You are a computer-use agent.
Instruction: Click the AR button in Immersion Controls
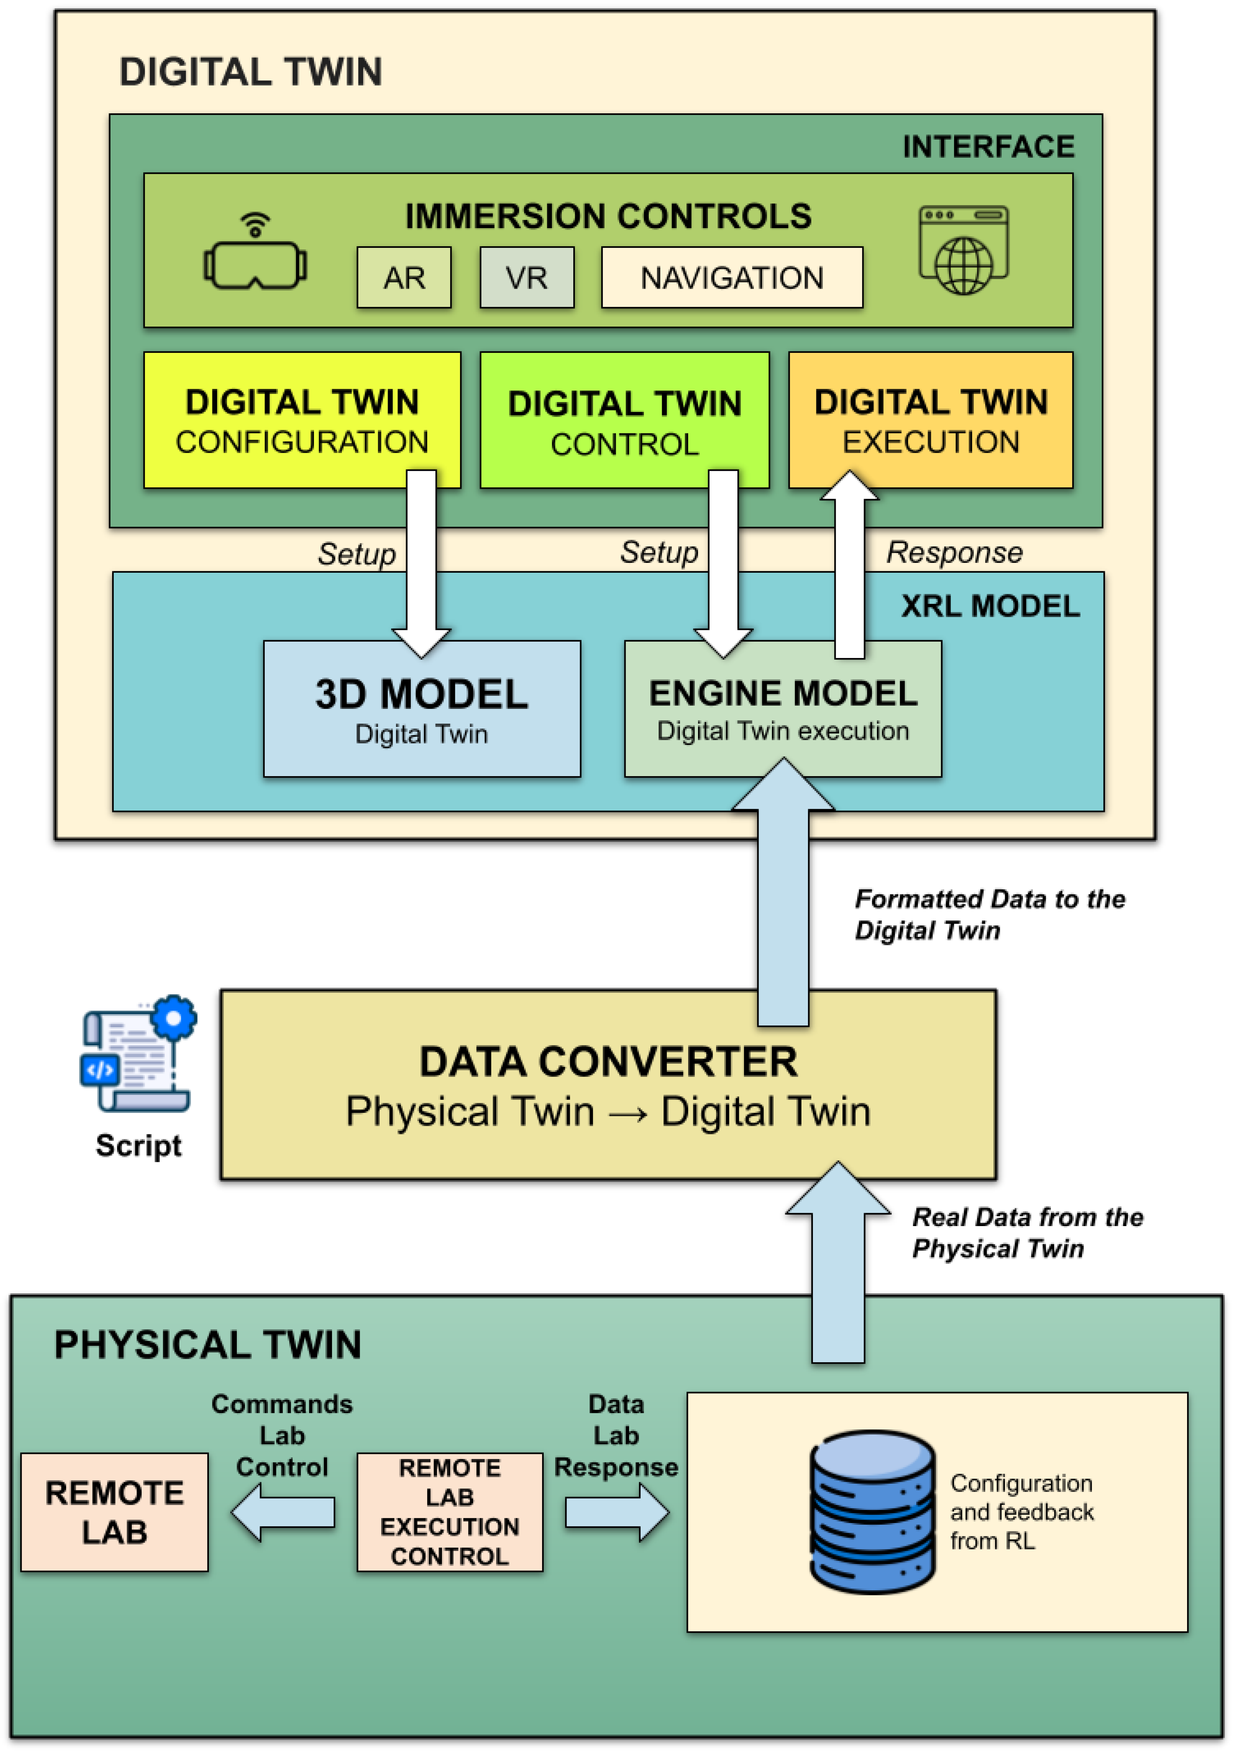pos(404,278)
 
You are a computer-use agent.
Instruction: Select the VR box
pos(526,278)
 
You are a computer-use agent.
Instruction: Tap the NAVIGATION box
pos(732,278)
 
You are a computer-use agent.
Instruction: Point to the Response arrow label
pos(954,552)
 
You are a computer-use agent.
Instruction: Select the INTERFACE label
pos(988,146)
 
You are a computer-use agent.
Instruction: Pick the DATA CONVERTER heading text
pos(608,1061)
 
